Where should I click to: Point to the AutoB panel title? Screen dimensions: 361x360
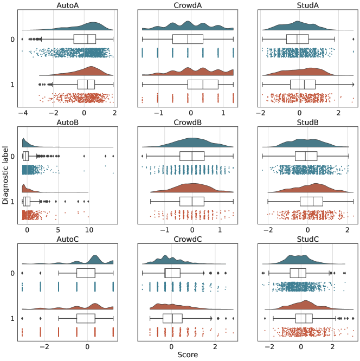(67, 122)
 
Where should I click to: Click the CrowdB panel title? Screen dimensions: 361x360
(187, 122)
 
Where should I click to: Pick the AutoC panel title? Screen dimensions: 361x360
(67, 239)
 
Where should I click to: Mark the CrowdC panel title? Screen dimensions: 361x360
(187, 239)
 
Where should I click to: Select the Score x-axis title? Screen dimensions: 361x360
(187, 356)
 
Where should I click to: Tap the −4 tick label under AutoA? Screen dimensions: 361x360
(21, 112)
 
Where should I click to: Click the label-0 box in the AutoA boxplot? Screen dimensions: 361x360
(85, 39)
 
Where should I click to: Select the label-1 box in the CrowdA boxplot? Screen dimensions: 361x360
(203, 85)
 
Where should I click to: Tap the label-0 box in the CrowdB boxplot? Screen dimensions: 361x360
(192, 156)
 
